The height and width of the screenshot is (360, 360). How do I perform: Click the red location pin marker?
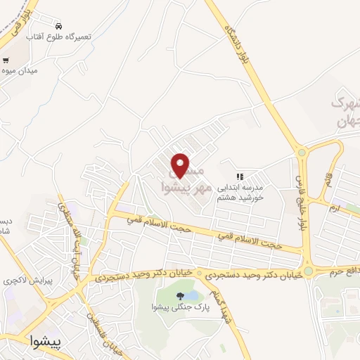coord(181,165)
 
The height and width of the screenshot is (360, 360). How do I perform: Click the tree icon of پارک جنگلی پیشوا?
coord(182,295)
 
